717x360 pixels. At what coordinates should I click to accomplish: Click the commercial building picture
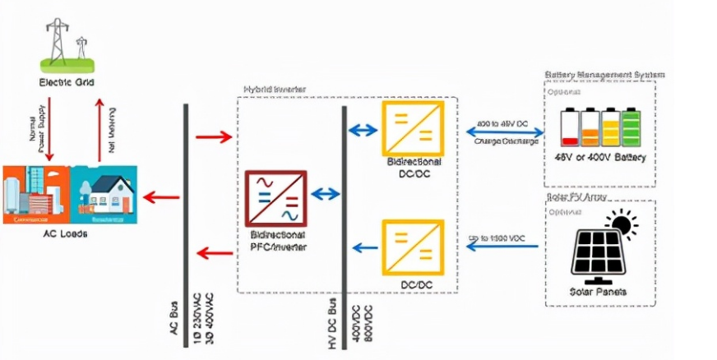pos(34,195)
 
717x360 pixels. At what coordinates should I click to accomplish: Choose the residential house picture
pos(105,195)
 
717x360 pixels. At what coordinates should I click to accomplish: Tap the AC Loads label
pos(68,233)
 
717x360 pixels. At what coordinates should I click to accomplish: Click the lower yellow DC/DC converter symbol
pos(413,247)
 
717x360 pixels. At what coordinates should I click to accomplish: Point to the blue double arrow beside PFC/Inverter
pos(325,195)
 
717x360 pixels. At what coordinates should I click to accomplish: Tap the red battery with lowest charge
pos(569,128)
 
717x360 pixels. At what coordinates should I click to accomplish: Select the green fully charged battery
pos(631,128)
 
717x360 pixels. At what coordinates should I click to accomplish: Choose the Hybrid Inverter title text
pos(273,89)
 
